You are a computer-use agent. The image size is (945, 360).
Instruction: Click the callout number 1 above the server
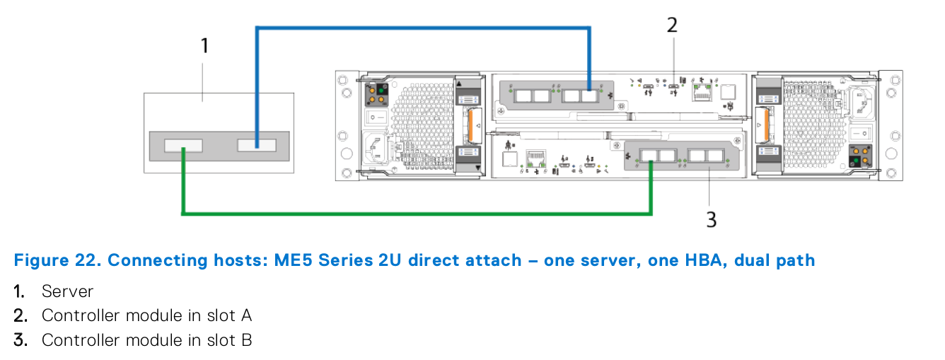[204, 47]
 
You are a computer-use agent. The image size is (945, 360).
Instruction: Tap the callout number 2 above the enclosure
[672, 25]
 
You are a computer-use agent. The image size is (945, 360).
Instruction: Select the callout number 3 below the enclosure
[711, 220]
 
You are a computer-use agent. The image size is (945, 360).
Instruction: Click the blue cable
[424, 28]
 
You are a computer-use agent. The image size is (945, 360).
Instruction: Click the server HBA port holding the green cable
[183, 146]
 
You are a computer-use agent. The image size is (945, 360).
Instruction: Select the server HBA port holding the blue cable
[256, 145]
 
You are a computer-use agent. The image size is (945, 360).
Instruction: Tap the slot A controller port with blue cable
[589, 95]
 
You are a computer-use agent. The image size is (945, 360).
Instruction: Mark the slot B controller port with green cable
[649, 155]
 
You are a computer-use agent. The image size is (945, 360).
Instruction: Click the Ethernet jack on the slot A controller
[702, 91]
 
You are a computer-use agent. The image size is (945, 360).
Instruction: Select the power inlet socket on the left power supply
[375, 148]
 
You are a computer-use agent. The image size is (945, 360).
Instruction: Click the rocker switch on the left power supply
[369, 115]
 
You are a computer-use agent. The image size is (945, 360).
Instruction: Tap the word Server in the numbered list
[67, 291]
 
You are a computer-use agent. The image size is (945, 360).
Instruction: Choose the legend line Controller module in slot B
[146, 340]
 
